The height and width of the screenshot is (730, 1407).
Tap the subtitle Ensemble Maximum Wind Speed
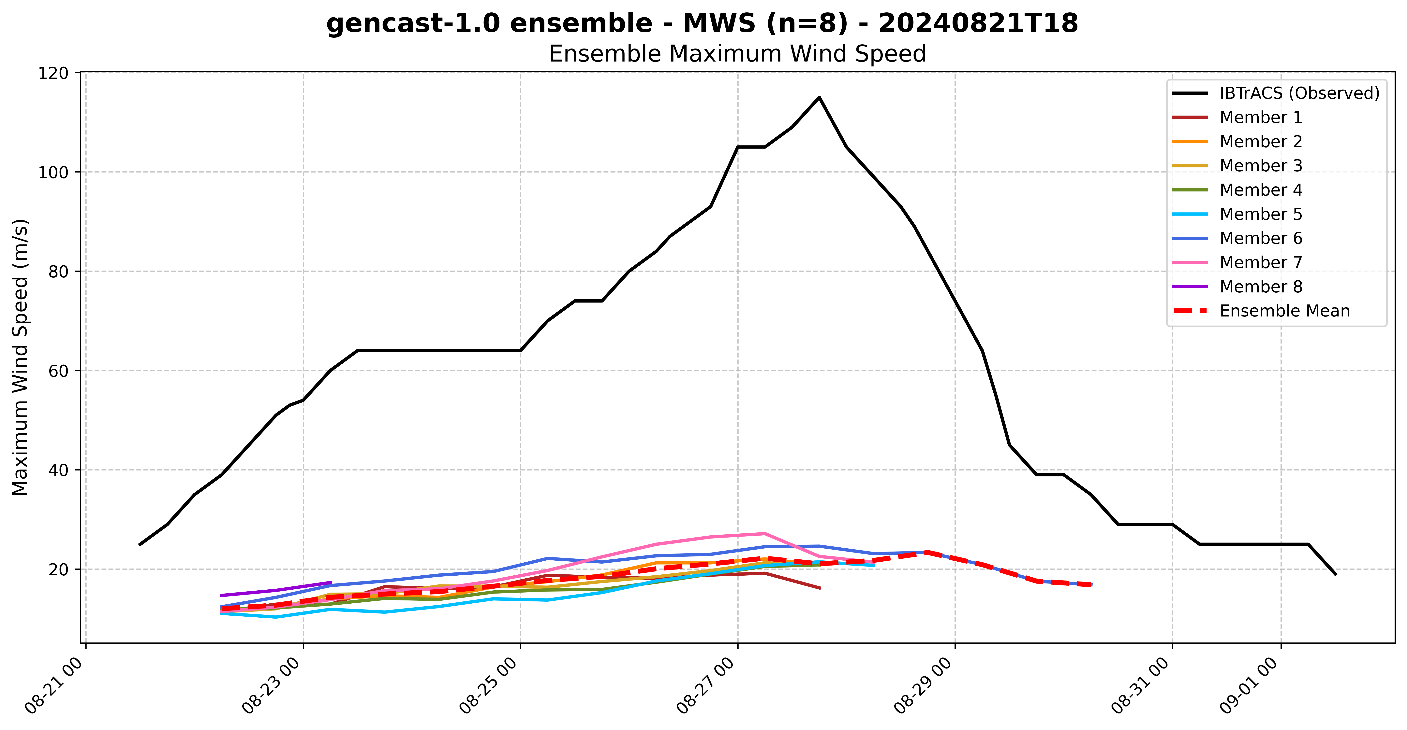tap(737, 54)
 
